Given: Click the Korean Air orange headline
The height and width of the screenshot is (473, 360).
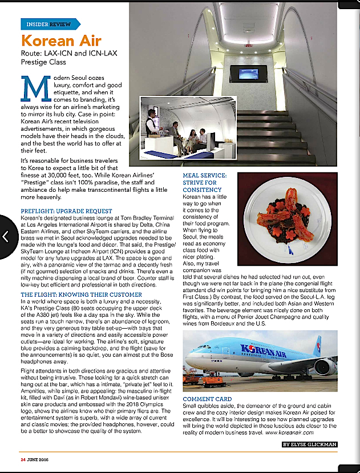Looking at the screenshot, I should pyautogui.click(x=61, y=41).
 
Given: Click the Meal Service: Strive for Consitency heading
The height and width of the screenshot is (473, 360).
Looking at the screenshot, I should pyautogui.click(x=205, y=183).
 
